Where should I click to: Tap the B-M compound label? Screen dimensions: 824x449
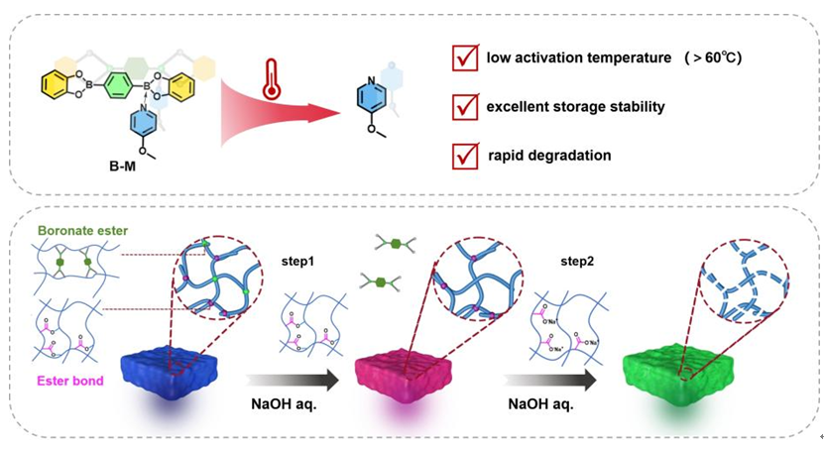[122, 167]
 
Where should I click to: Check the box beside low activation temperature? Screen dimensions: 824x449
[465, 57]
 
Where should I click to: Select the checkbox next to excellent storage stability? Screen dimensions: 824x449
[465, 107]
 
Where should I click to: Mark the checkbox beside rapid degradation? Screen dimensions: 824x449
[465, 156]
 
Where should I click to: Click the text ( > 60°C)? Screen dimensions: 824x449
[713, 57]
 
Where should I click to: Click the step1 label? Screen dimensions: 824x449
[297, 261]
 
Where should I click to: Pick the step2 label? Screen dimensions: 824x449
[577, 261]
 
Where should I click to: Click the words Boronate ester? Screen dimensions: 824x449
[83, 231]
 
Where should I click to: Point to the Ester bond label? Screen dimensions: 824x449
[70, 381]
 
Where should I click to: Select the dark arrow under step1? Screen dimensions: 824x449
[293, 380]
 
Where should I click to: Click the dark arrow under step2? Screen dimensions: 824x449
[549, 380]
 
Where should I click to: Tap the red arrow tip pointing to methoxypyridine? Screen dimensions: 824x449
[339, 112]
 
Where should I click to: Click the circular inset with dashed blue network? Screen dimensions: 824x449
[745, 281]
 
